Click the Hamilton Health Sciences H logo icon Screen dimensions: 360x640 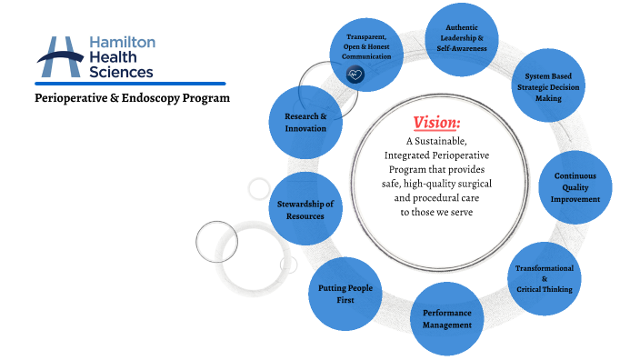pos(61,56)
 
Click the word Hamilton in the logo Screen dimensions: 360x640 pos(123,43)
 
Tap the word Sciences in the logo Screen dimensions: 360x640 pos(122,71)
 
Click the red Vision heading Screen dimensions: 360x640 pos(436,123)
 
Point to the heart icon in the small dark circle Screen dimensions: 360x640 pos(355,75)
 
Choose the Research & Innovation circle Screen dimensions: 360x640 pos(305,122)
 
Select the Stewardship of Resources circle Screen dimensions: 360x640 pos(305,209)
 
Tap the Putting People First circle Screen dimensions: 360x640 pos(345,294)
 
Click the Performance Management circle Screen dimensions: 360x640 pos(446,318)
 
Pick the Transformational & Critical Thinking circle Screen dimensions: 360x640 pos(544,277)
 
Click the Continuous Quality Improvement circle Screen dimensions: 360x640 pos(581,186)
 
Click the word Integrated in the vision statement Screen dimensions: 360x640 pos(407,155)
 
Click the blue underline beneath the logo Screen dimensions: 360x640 pos(131,83)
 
